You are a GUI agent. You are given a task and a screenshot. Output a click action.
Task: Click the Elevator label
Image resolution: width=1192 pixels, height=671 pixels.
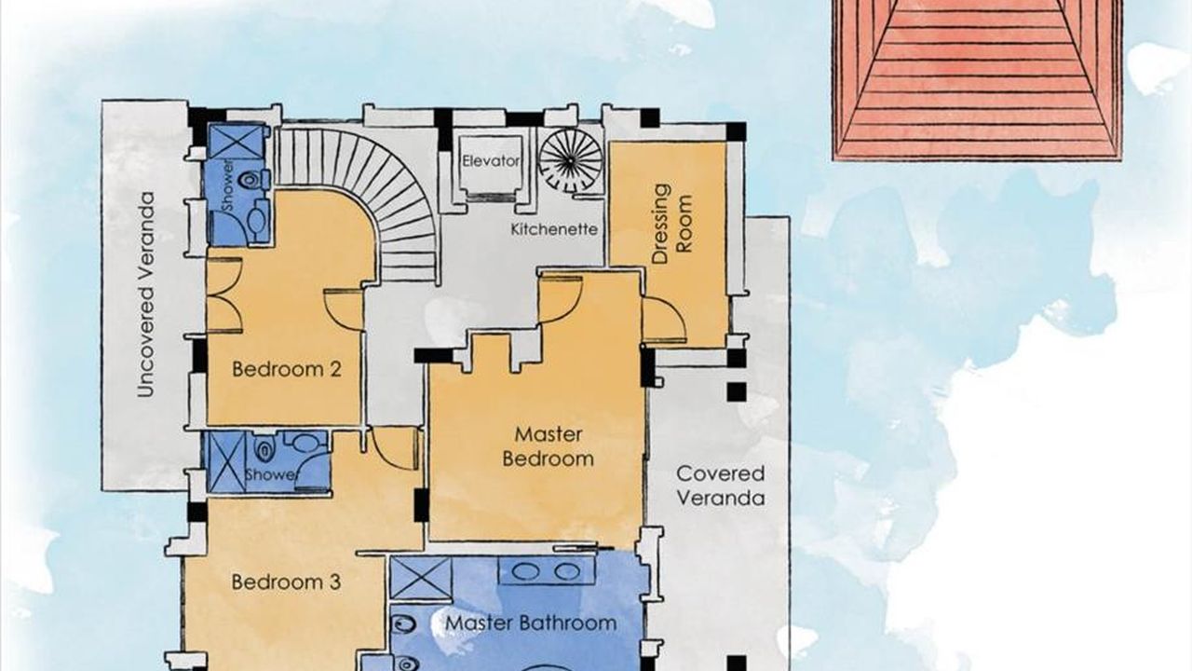(491, 161)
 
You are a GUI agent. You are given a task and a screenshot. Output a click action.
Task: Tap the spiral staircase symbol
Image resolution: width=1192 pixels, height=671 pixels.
(570, 159)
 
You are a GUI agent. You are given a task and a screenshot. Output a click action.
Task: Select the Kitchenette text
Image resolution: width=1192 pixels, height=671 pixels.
(554, 229)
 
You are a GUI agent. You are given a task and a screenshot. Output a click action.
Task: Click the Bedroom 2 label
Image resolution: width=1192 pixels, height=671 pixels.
(286, 369)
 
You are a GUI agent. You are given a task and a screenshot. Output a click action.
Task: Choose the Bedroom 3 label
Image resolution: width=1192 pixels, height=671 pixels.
(286, 582)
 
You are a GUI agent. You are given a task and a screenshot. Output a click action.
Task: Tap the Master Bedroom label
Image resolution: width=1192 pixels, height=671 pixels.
(549, 446)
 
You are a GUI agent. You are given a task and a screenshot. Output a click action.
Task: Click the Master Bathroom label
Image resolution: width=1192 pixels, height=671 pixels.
(531, 623)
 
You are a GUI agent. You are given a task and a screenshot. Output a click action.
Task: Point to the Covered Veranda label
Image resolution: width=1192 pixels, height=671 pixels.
(721, 486)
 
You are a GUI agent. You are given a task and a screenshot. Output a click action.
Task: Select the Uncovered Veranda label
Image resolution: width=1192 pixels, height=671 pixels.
(145, 294)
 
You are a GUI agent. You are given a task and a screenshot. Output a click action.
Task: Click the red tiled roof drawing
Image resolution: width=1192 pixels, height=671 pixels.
(978, 80)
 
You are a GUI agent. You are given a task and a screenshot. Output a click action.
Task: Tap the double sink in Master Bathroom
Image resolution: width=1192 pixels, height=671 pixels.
(547, 571)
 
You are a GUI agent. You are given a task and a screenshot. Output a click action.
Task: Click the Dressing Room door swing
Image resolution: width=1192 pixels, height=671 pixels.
(664, 320)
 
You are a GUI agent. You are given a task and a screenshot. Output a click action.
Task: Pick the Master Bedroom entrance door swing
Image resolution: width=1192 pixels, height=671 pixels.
(561, 297)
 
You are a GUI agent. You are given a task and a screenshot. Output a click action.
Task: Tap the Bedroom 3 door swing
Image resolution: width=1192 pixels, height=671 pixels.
(394, 448)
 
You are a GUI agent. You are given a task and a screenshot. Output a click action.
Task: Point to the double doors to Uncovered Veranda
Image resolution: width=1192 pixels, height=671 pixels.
(224, 295)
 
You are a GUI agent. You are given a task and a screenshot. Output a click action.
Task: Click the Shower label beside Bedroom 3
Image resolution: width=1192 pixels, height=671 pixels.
(270, 474)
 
